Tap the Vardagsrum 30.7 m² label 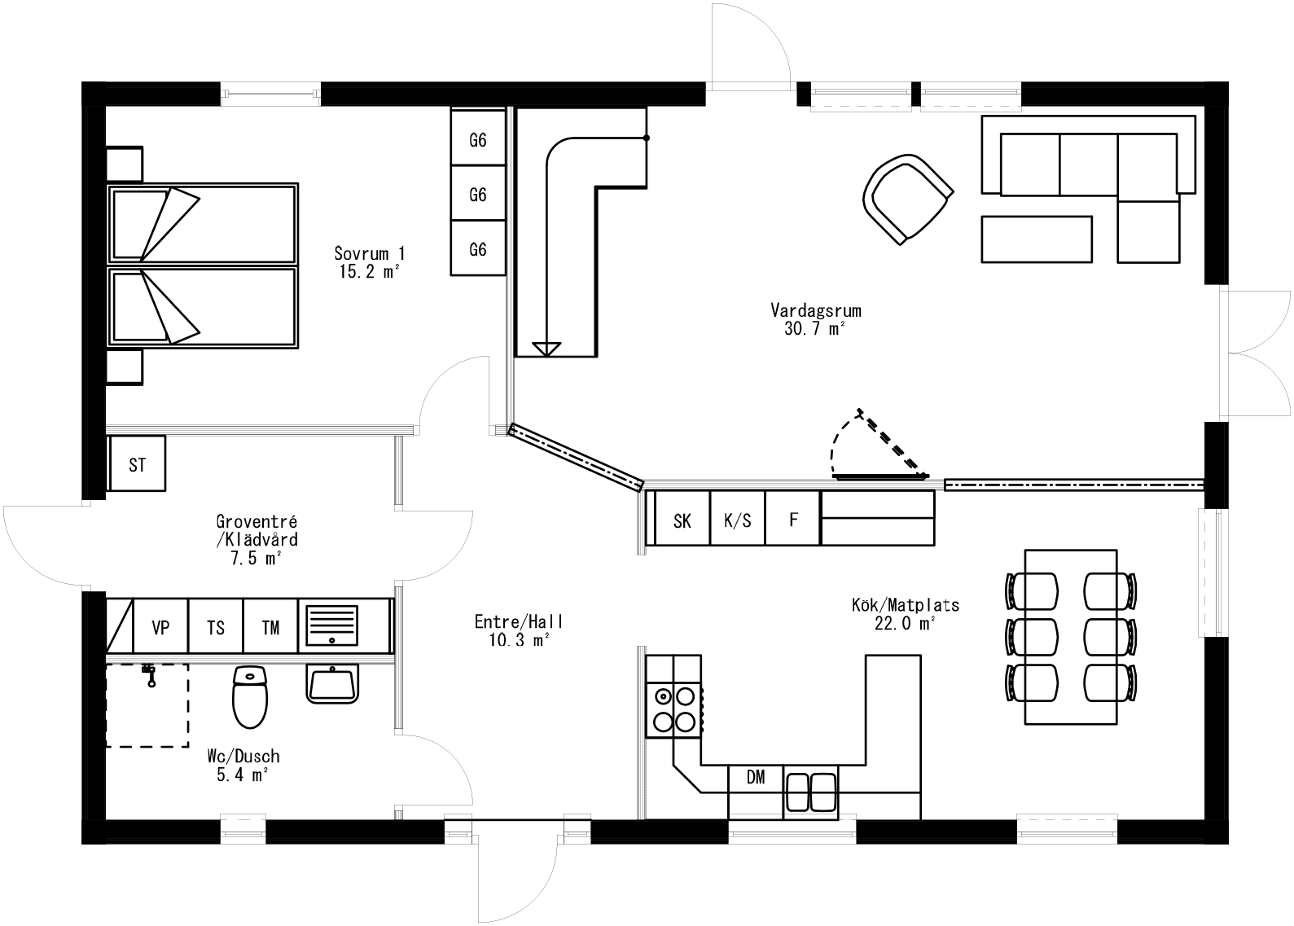(x=815, y=319)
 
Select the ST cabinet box (x=137, y=464)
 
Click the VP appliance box (x=160, y=628)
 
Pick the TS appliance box (x=216, y=628)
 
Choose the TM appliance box (x=270, y=628)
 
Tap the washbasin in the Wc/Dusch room (x=332, y=683)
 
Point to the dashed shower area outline (x=147, y=706)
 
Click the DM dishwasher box (x=756, y=778)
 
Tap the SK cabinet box (x=682, y=520)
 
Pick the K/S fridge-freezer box (x=738, y=520)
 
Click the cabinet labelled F (x=793, y=519)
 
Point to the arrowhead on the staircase (x=546, y=349)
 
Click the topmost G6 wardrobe (x=478, y=140)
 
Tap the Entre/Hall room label (x=519, y=630)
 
